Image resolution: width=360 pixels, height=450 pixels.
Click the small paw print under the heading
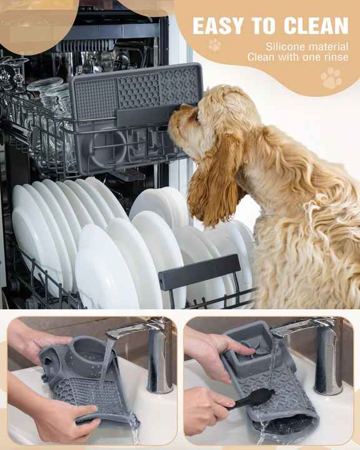(x=214, y=45)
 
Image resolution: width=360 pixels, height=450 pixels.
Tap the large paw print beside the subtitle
(x=331, y=78)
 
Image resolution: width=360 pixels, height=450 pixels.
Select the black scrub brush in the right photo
(x=253, y=398)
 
